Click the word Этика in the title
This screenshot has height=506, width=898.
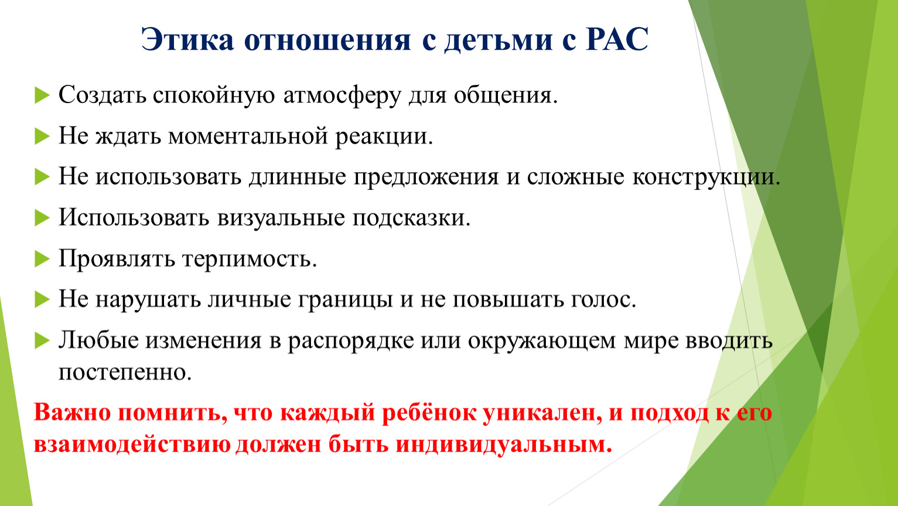click(x=187, y=39)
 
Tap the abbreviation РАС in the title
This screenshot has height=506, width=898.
click(x=617, y=39)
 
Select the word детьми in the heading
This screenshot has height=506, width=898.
click(x=498, y=40)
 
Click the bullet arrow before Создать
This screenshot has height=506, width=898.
click(x=42, y=95)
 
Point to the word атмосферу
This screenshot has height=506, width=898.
click(x=342, y=96)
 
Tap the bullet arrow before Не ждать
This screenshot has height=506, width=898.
click(x=42, y=136)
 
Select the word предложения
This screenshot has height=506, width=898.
click(x=426, y=177)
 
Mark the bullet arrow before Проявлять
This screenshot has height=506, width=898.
click(x=42, y=259)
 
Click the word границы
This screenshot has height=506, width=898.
click(x=345, y=300)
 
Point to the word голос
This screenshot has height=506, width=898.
click(x=603, y=300)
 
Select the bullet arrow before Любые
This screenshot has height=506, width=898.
click(x=42, y=341)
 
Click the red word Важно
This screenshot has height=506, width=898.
click(x=72, y=412)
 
